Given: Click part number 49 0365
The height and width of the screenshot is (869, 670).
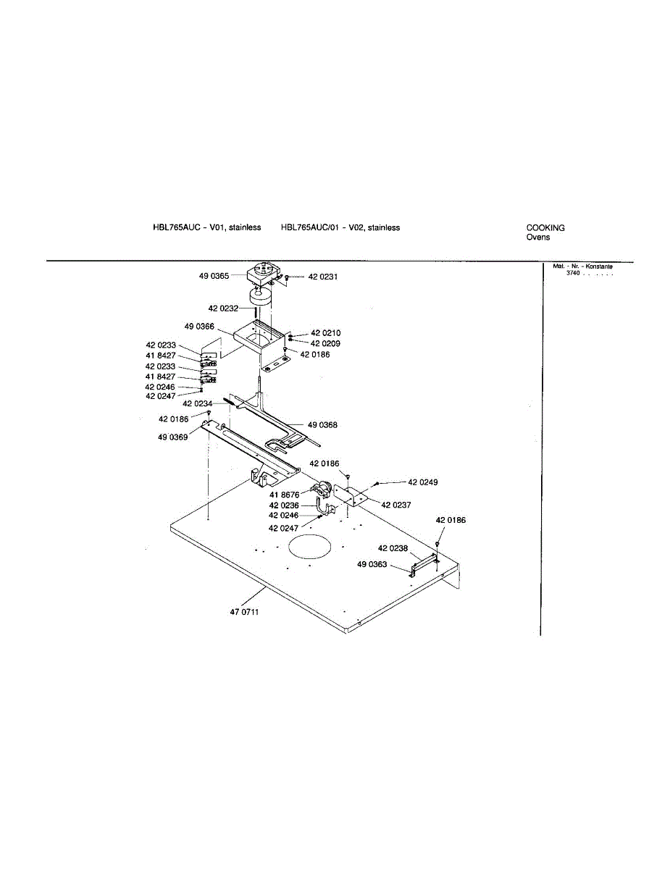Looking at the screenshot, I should tap(214, 276).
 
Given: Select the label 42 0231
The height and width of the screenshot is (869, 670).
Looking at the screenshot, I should tap(323, 277).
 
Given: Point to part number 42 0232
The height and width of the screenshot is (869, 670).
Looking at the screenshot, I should tap(223, 308).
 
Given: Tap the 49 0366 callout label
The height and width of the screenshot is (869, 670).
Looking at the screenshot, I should tap(199, 327).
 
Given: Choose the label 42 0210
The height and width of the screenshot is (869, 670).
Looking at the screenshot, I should tap(325, 333).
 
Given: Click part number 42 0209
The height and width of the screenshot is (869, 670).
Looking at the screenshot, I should tap(325, 343).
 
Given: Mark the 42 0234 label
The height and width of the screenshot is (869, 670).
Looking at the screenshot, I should tap(197, 403).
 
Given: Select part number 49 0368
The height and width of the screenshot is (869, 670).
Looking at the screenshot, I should tap(322, 425).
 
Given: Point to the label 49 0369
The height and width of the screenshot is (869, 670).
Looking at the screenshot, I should tap(174, 437).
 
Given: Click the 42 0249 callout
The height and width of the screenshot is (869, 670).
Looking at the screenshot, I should tap(423, 482).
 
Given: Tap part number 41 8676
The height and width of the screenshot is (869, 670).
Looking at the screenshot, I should tap(283, 495).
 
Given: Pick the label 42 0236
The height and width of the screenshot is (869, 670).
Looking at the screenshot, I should tap(283, 505).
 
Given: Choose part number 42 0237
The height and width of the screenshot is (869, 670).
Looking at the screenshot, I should tap(396, 505).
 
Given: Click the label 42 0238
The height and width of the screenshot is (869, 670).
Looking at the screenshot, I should tap(393, 548).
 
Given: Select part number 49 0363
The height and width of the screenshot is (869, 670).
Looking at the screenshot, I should tap(372, 564).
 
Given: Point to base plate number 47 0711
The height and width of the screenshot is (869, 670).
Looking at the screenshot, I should tap(244, 612).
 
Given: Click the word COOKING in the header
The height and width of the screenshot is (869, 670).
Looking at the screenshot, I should tap(545, 227).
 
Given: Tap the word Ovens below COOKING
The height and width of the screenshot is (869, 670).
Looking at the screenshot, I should tap(538, 238).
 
